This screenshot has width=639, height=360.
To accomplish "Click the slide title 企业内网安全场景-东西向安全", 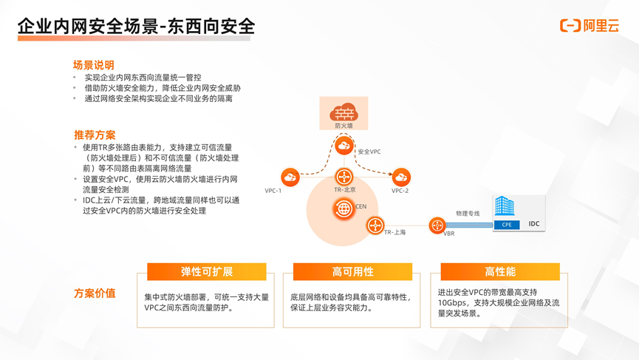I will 136,27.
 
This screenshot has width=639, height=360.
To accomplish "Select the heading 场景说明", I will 93,65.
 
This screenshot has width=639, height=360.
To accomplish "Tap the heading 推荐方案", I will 95,135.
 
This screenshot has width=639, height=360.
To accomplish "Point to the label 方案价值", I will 95,293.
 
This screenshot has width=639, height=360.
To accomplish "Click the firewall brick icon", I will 344,113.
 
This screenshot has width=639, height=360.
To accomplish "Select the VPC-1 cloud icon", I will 290,177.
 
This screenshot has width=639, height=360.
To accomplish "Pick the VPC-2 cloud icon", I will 401,177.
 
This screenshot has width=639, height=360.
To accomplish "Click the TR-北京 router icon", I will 344,177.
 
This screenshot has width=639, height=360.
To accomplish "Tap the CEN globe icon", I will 344,208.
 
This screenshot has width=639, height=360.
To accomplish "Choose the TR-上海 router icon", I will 376,224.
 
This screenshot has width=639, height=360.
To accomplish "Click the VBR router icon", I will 437,225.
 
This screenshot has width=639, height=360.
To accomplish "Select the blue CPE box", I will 507,225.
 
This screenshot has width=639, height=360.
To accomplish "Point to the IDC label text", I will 533,224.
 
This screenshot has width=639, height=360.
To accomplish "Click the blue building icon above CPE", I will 505,206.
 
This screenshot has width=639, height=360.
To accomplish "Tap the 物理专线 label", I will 468,213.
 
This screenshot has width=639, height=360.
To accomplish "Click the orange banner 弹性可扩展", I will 207,272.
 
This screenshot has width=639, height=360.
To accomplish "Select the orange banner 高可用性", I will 353,272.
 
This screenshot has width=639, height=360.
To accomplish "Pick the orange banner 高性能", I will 500,272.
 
